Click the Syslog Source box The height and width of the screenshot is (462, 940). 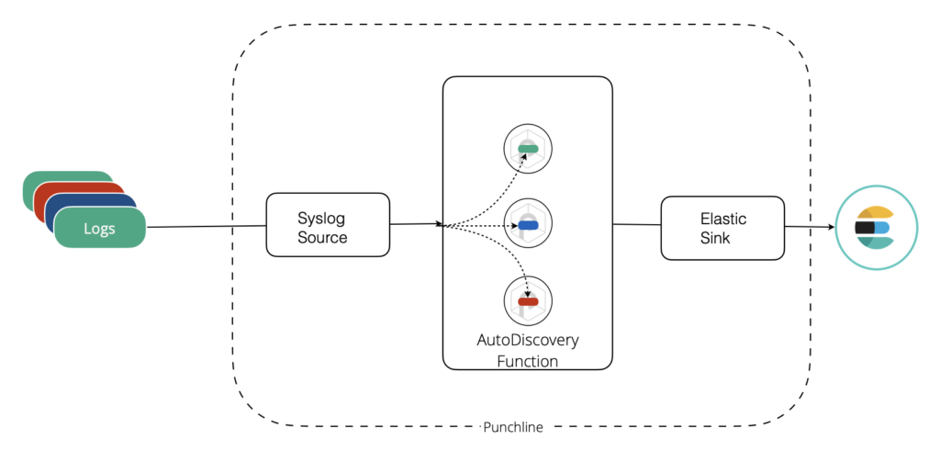(x=328, y=225)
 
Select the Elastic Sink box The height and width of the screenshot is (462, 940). (x=722, y=228)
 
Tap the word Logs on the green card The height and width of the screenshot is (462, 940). (x=99, y=229)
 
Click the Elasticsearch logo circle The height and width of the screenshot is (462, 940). (x=876, y=228)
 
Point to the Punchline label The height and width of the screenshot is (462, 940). (x=513, y=428)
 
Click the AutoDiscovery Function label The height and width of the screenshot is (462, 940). (x=528, y=351)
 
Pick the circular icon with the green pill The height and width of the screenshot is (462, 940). (x=528, y=149)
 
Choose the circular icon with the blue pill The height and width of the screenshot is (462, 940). (x=528, y=225)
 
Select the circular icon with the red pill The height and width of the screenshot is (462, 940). (x=528, y=301)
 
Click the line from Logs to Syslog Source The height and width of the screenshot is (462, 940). (x=207, y=227)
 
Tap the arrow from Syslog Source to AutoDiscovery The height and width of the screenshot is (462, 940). (x=417, y=224)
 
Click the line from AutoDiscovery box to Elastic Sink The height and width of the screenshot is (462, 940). (x=637, y=225)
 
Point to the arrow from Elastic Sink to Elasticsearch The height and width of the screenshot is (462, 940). (x=810, y=227)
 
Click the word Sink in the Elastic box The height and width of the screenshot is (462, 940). (x=715, y=238)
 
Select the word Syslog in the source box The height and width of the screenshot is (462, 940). (x=321, y=217)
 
